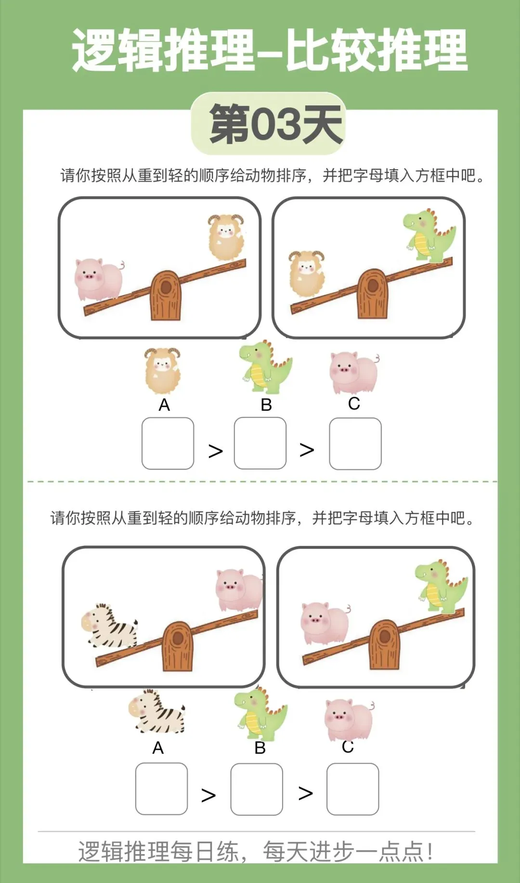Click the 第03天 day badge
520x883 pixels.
(269, 124)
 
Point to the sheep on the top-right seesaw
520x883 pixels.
(307, 273)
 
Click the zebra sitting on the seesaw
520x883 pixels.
(109, 626)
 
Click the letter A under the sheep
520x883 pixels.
(164, 405)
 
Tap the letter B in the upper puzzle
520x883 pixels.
(266, 405)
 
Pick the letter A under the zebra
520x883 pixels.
(158, 748)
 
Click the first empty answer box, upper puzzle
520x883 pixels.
(168, 443)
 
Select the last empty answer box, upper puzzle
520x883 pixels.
(355, 443)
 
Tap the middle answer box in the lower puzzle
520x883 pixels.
(257, 789)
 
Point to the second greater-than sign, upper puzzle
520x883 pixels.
(307, 450)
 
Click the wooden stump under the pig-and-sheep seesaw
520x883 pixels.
(166, 295)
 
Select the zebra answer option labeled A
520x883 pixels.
(157, 712)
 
